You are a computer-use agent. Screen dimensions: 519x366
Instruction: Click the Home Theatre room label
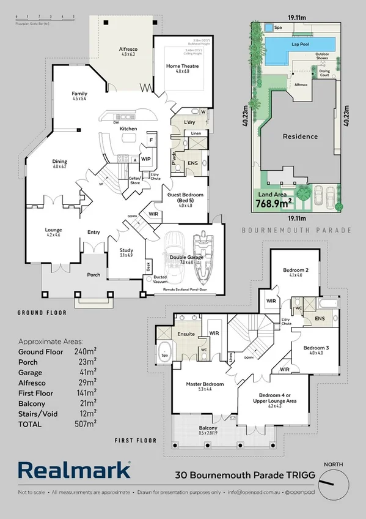[181, 66]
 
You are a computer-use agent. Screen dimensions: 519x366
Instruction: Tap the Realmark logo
[74, 469]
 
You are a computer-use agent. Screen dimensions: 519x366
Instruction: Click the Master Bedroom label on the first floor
[205, 384]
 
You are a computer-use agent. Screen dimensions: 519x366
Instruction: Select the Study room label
[126, 251]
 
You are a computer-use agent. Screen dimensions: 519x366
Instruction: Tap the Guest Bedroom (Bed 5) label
[185, 198]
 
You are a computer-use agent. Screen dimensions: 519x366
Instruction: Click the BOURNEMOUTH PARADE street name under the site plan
[297, 231]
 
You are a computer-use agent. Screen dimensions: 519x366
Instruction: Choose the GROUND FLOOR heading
[43, 312]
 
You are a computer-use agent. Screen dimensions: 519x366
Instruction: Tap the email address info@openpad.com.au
[253, 492]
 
